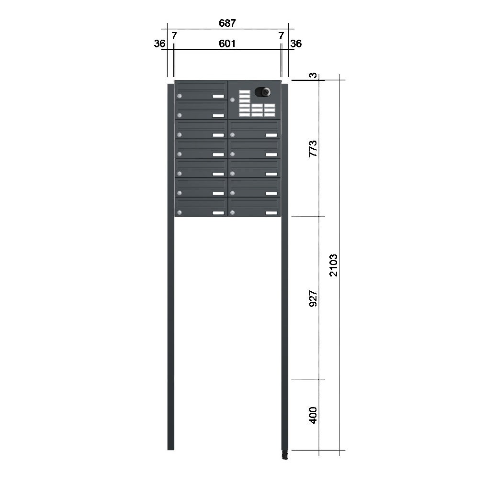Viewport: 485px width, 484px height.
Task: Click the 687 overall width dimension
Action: tap(227, 23)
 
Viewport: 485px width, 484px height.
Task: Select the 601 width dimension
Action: tap(227, 44)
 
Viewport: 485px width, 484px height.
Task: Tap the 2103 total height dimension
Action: tap(333, 265)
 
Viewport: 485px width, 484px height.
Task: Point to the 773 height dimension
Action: tap(313, 149)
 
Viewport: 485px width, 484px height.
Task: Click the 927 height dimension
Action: tap(313, 298)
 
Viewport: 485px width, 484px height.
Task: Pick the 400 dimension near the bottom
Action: tap(313, 415)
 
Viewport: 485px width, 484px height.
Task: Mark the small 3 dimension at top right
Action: tap(314, 76)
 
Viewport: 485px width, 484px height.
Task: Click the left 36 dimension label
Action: tap(159, 44)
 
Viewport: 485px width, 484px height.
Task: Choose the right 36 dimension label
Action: tap(296, 44)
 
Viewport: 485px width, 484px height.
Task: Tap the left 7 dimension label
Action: tap(174, 36)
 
